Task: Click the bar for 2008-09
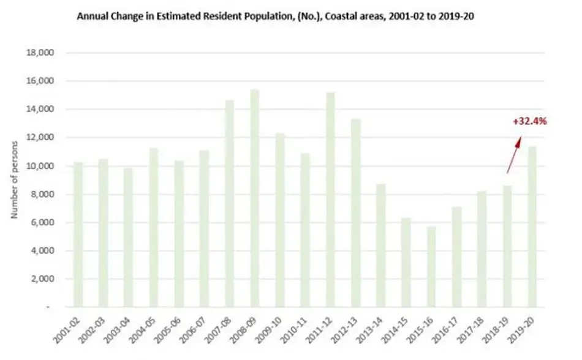pyautogui.click(x=255, y=198)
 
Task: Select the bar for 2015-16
pyautogui.click(x=431, y=266)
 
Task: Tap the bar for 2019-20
pyautogui.click(x=532, y=227)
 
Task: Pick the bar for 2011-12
pyautogui.click(x=330, y=200)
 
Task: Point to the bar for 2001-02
pyautogui.click(x=78, y=234)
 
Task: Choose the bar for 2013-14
pyautogui.click(x=381, y=246)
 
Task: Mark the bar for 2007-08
pyautogui.click(x=229, y=203)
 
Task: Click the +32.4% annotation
pyautogui.click(x=530, y=121)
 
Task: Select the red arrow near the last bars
pyautogui.click(x=514, y=155)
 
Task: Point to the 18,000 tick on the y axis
pyautogui.click(x=40, y=53)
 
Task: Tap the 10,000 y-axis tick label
pyautogui.click(x=40, y=166)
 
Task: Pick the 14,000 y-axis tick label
pyautogui.click(x=40, y=109)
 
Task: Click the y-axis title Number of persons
pyautogui.click(x=14, y=180)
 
